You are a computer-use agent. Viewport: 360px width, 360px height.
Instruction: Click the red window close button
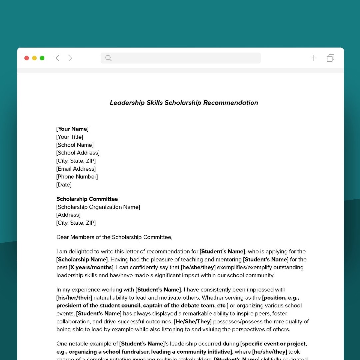coord(27,58)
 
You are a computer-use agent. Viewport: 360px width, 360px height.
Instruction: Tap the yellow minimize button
coord(34,58)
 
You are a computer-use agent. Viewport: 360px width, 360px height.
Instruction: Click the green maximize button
coord(42,58)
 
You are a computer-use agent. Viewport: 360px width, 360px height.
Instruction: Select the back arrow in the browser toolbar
coord(57,58)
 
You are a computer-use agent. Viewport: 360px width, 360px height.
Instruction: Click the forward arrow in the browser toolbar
coord(70,58)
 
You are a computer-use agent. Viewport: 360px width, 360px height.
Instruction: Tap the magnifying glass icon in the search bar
coord(108,58)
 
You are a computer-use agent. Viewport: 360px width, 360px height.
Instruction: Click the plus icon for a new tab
coord(314,58)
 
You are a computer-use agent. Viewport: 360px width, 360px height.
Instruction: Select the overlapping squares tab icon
coord(330,58)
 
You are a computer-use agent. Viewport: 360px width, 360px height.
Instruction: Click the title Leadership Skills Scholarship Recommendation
coord(184,103)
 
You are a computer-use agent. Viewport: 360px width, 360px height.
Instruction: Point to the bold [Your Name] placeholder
coord(72,129)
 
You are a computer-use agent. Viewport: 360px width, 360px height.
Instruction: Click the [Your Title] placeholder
coord(70,137)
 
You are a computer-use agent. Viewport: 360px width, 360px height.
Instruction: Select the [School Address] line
coord(78,153)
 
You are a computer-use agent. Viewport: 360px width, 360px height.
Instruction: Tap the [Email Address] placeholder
coord(76,169)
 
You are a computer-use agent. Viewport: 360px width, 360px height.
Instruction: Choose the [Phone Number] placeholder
coord(77,177)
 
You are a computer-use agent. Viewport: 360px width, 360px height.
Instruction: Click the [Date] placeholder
coord(64,185)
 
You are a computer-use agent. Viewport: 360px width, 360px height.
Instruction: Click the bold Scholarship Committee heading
coord(87,199)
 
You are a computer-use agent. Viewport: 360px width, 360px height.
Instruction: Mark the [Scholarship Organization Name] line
coord(98,207)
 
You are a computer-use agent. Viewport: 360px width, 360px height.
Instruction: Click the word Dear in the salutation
coord(62,237)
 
